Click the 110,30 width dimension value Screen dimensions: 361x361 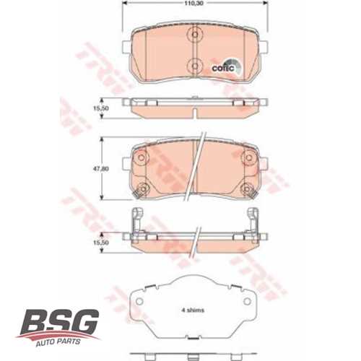(x=191, y=5)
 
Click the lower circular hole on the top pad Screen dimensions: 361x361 (x=193, y=64)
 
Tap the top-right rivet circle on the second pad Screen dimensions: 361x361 (x=247, y=156)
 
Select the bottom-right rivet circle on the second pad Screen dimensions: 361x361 (x=247, y=190)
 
